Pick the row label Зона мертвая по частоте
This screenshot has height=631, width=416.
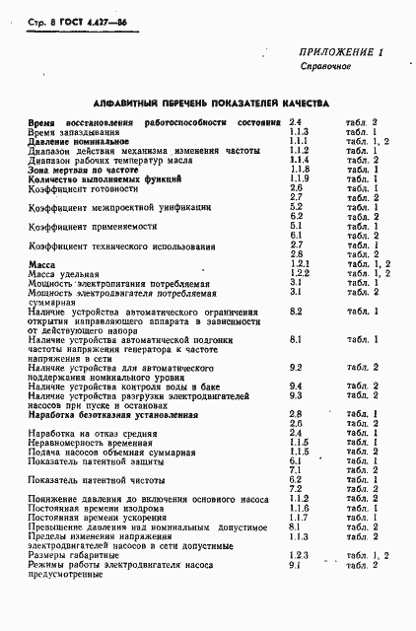pyautogui.click(x=73, y=170)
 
